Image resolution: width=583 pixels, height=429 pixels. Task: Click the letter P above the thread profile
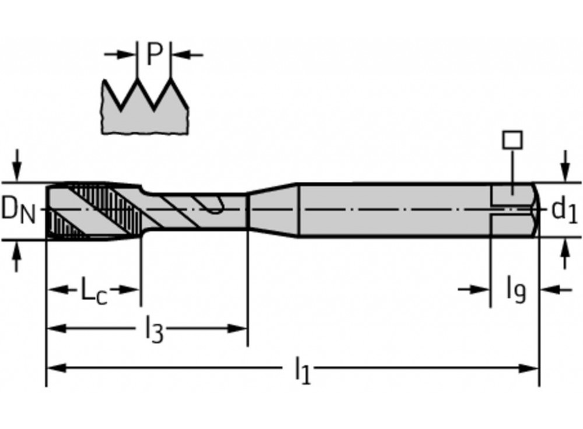click(x=154, y=54)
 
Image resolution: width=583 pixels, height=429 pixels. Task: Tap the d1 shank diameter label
click(x=564, y=210)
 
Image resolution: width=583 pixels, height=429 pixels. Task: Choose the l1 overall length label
click(x=302, y=370)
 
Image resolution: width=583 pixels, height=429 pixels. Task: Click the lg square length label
click(x=515, y=290)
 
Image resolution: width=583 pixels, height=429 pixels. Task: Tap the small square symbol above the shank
click(x=512, y=140)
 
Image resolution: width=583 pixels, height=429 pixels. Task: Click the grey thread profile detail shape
click(x=145, y=114)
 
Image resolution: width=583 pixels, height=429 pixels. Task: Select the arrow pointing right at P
click(x=125, y=55)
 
